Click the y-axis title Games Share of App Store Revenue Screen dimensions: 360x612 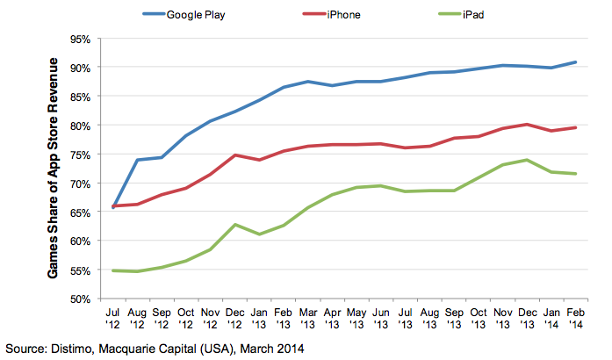(x=56, y=169)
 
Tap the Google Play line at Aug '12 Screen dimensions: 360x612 (x=139, y=160)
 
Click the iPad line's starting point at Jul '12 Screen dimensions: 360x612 (x=115, y=270)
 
